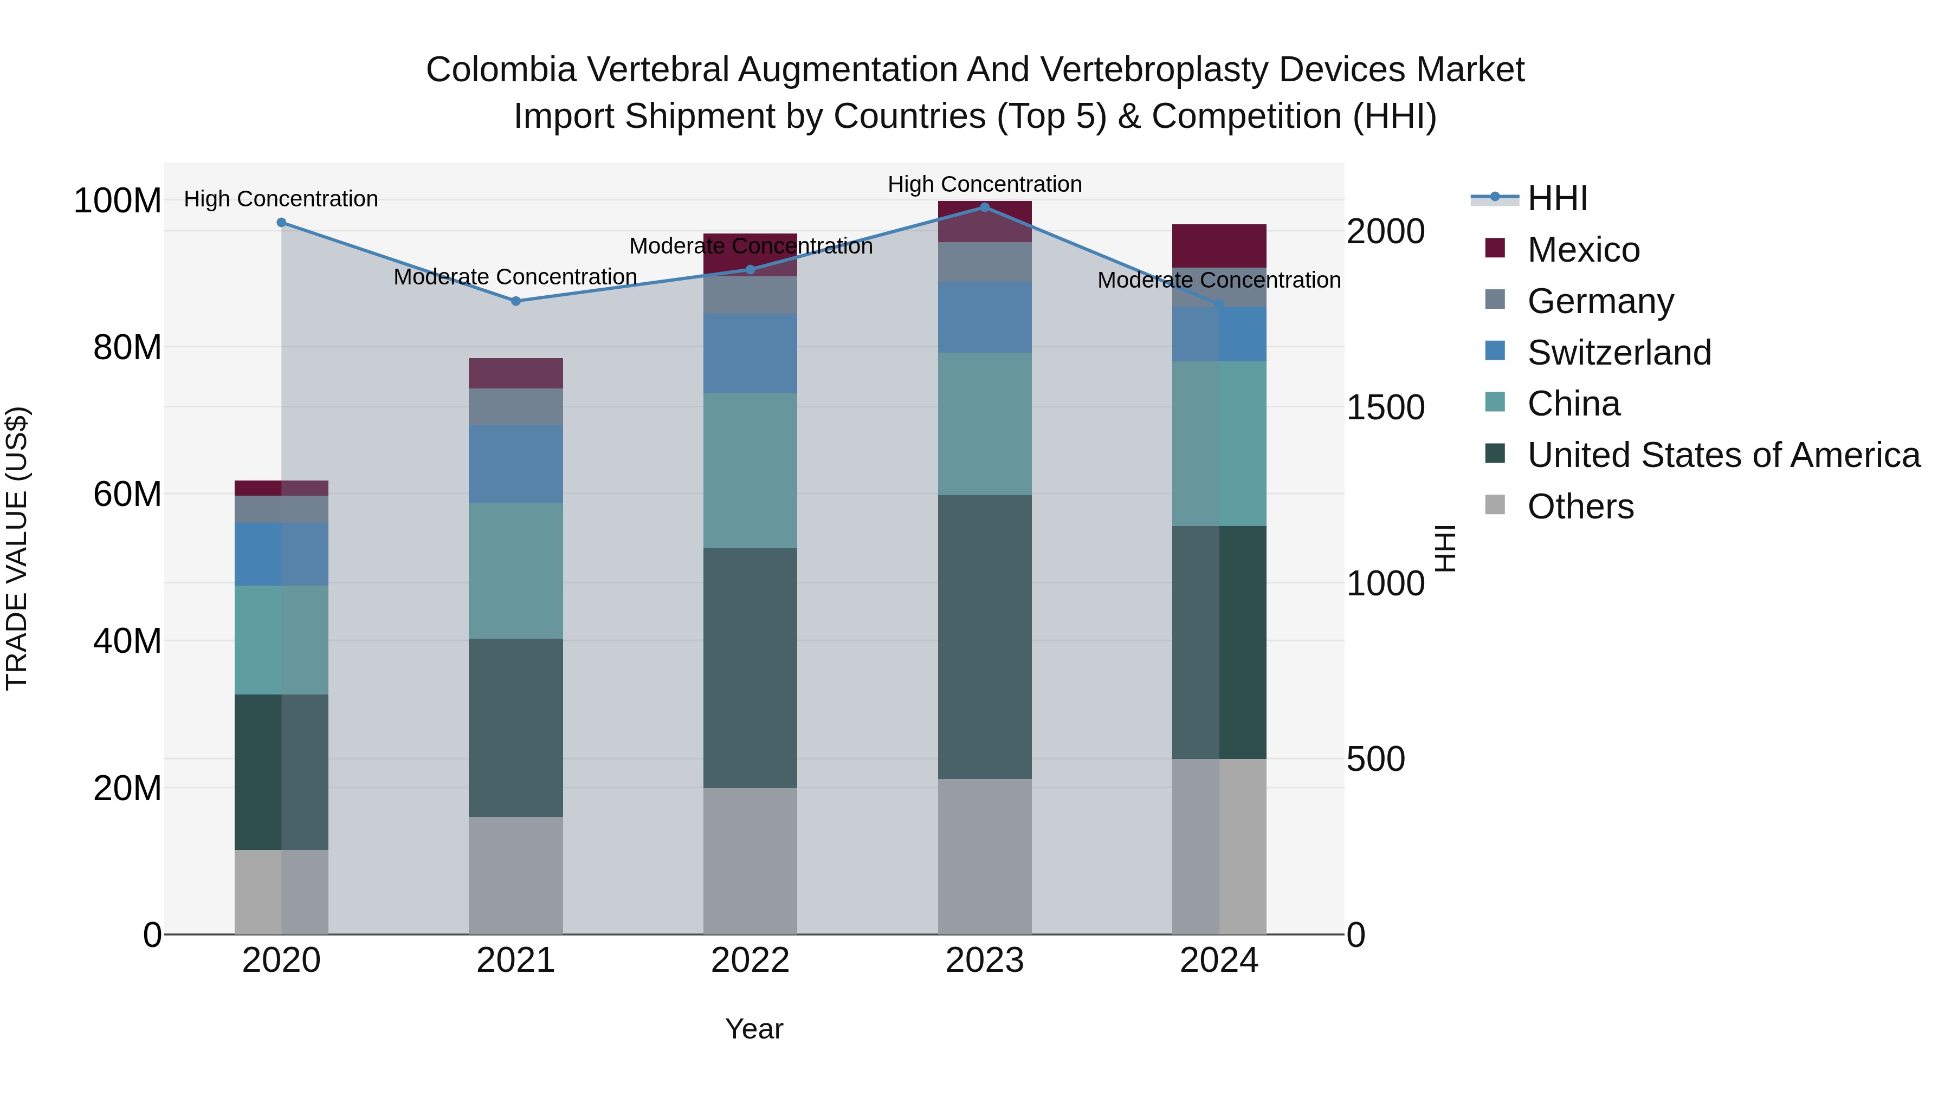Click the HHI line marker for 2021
tap(516, 301)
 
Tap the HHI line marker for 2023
tap(985, 207)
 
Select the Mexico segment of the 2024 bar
tap(1219, 245)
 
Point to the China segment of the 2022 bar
tap(750, 470)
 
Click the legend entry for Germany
tap(1600, 301)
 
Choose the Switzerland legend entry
tap(1618, 352)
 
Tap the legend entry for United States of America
tap(1723, 455)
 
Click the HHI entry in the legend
tap(1556, 198)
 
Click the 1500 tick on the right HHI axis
tap(1385, 407)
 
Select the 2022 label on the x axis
tap(750, 960)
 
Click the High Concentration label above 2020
tap(280, 199)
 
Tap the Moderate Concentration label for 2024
tap(1219, 280)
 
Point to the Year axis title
tap(754, 1029)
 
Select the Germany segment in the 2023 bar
tap(985, 262)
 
